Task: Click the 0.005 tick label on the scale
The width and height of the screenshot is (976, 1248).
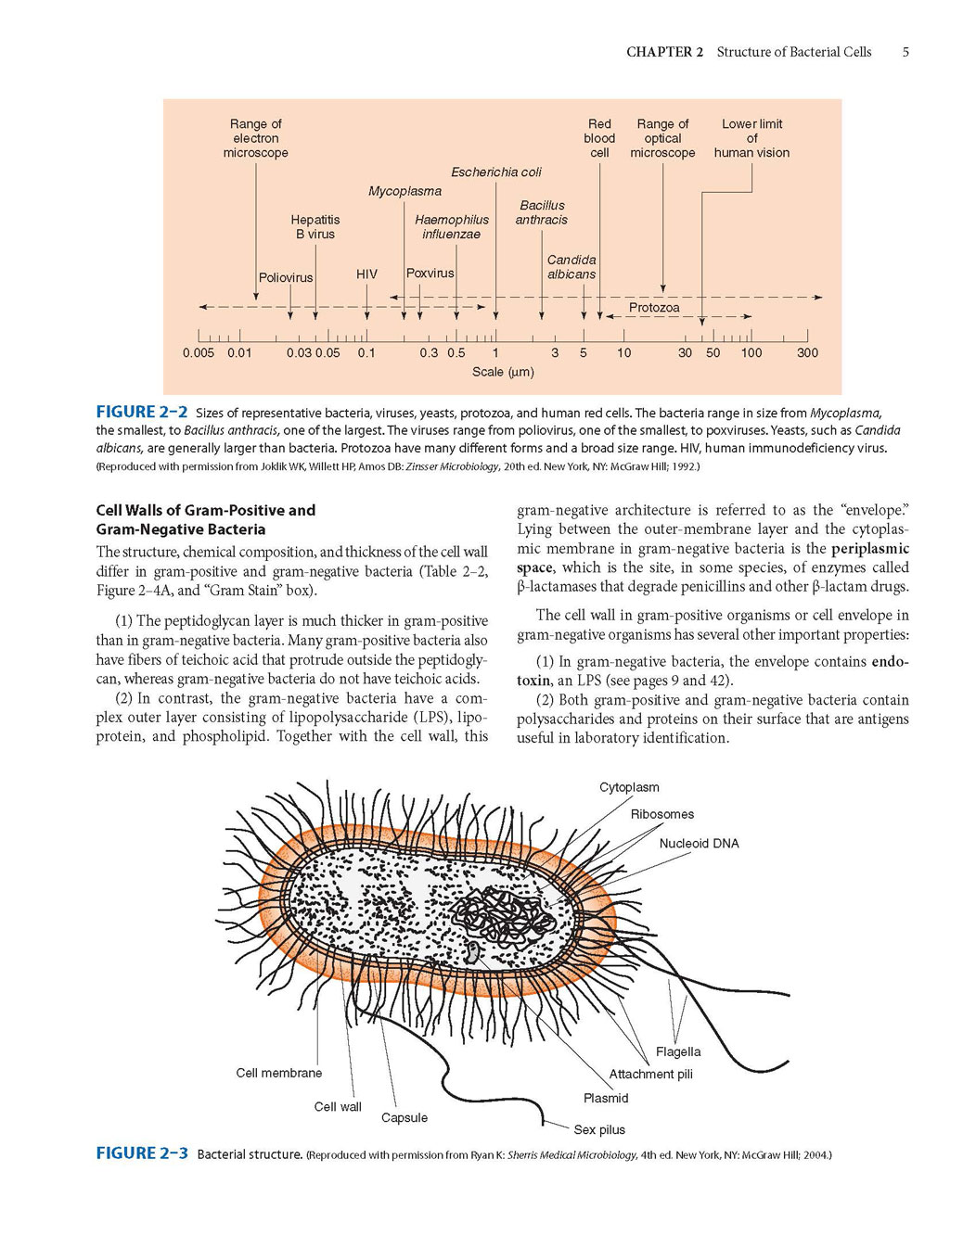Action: (199, 352)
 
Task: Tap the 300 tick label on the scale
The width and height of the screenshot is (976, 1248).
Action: (807, 352)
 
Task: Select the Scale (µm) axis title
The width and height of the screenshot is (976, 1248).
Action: (503, 372)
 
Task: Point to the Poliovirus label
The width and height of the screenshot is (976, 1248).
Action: (286, 277)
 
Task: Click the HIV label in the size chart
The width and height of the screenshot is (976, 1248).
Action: (366, 274)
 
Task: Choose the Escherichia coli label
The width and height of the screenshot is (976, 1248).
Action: (495, 172)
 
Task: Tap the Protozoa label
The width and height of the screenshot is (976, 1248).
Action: (654, 307)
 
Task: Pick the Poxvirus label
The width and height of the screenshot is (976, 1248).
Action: (430, 273)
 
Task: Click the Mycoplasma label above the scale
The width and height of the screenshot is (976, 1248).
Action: (405, 191)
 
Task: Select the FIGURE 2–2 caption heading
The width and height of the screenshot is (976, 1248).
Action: (142, 412)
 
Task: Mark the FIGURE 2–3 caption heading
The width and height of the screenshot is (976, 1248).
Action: (142, 1153)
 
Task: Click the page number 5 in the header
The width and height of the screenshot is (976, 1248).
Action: (905, 52)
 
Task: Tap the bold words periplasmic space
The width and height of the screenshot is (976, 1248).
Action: (713, 557)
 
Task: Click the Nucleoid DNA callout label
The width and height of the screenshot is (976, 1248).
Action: (700, 843)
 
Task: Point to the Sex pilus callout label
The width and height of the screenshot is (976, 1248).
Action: (599, 1129)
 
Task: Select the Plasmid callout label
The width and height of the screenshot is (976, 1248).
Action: (606, 1098)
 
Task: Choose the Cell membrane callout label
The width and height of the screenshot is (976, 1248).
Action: (279, 1073)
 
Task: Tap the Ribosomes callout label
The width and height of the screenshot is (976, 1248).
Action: (662, 814)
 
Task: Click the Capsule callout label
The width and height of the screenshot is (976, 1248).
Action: (405, 1117)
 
